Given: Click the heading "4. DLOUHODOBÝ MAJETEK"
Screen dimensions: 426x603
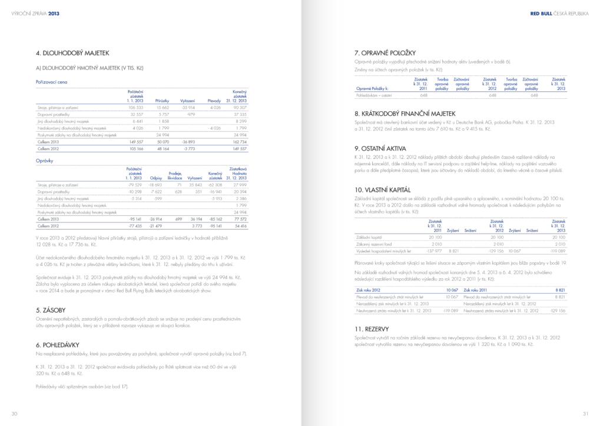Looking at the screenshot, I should (x=72, y=54).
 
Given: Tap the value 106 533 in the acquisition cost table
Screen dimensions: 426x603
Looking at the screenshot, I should (x=135, y=108).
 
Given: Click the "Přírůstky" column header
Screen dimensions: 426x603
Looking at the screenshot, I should (x=162, y=101).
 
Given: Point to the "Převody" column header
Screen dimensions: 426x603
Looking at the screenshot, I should (x=214, y=101).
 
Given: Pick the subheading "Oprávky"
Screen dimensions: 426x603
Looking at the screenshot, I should (x=46, y=159).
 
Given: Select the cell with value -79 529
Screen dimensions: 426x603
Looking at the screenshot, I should (x=135, y=185).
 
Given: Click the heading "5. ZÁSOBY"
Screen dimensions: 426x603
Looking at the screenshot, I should (x=51, y=309).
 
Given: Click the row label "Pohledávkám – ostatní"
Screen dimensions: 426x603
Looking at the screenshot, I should (x=375, y=95).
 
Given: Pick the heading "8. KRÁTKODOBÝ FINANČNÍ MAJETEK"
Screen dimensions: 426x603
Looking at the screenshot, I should (x=405, y=114).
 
